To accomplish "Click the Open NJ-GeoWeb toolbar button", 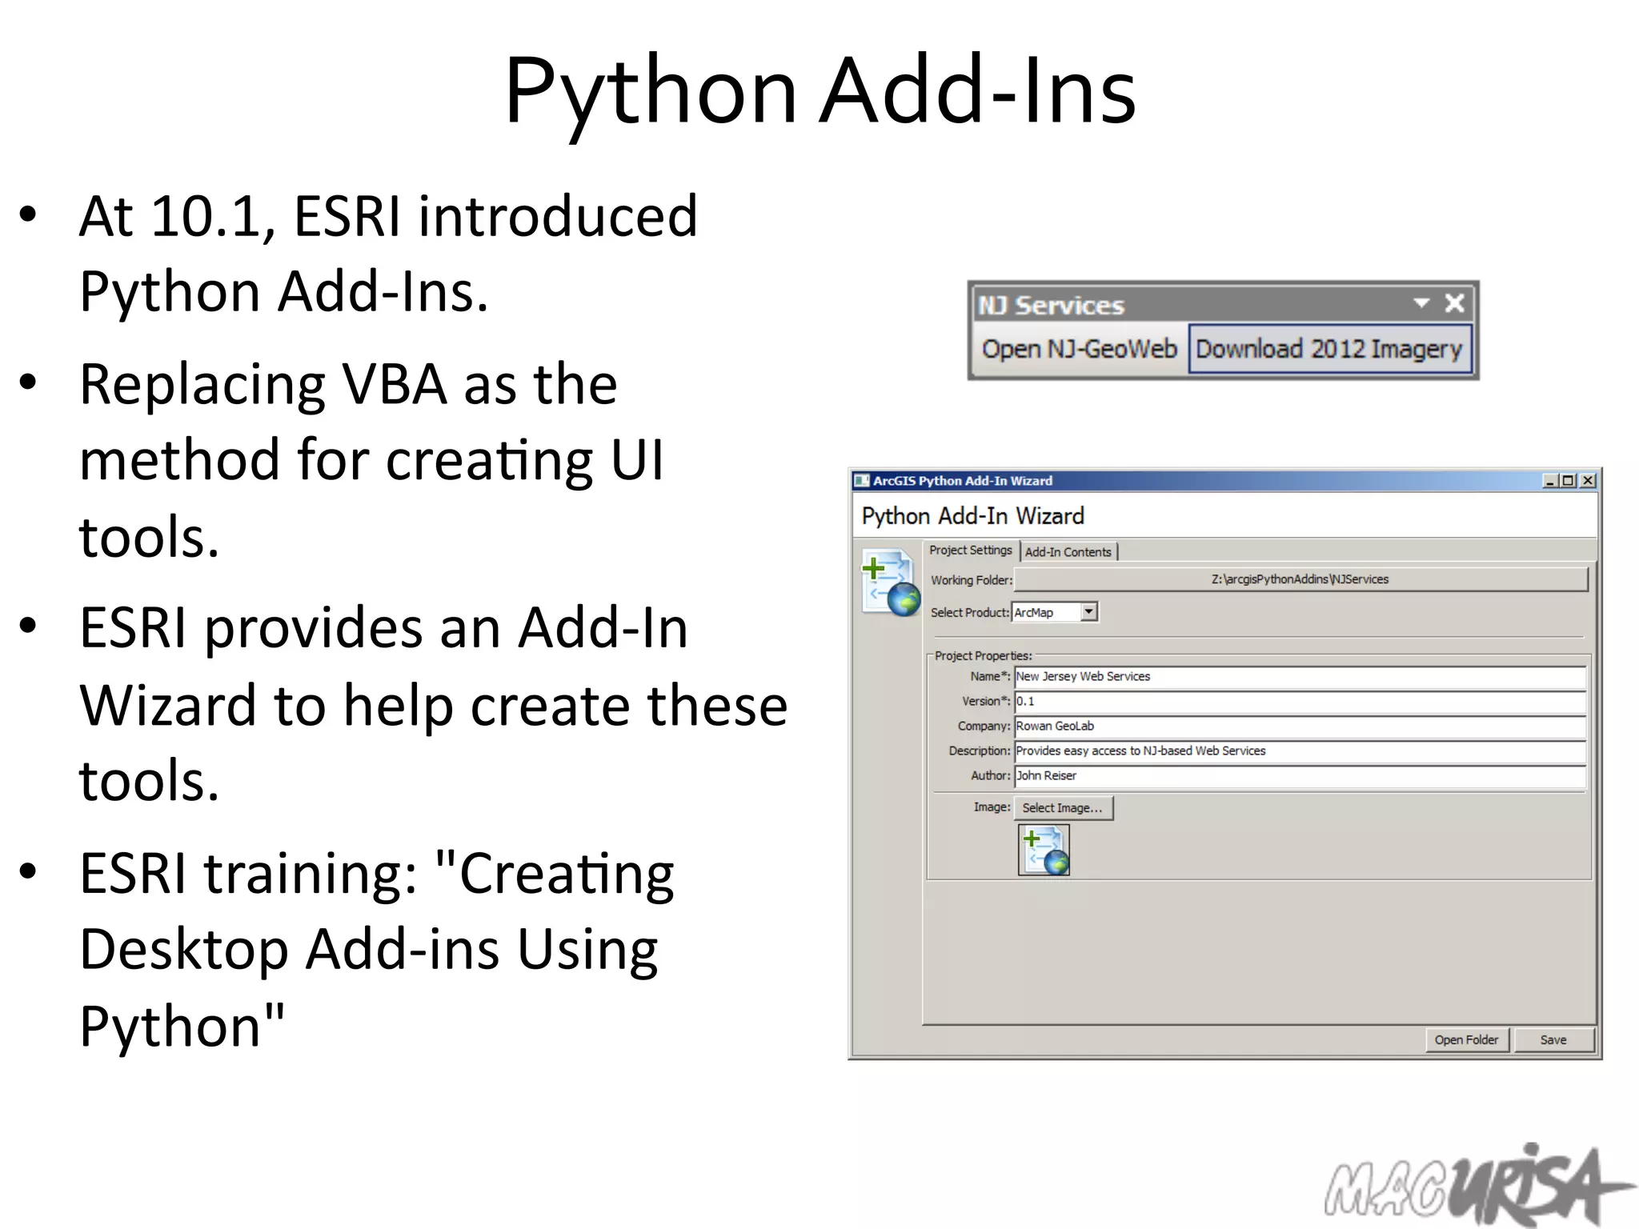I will [1079, 350].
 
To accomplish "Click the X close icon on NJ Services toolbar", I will [1454, 303].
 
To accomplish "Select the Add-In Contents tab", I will [1068, 552].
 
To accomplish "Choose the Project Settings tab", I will [970, 550].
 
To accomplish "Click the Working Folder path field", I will [1300, 579].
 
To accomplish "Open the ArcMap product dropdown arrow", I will [1088, 612].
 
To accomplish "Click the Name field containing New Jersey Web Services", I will [1300, 677].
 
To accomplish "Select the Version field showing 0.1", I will [1300, 702].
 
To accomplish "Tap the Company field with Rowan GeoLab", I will [1300, 727].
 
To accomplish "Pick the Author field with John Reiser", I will [1300, 776].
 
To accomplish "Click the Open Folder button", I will [1466, 1040].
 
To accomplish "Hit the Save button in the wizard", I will [1553, 1040].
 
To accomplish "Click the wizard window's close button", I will [1589, 481].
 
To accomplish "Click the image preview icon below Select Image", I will [1044, 851].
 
